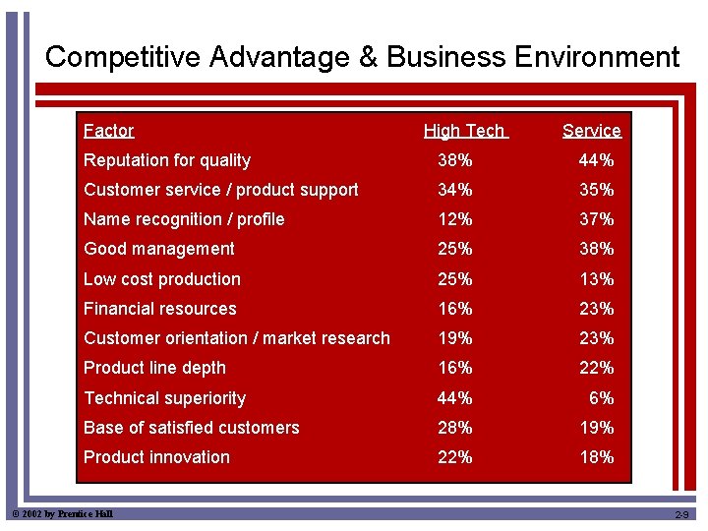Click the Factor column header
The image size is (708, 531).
point(108,131)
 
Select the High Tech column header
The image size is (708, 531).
point(464,131)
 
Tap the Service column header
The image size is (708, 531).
point(591,131)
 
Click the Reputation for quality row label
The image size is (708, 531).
point(167,160)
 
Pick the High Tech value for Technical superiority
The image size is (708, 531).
point(454,398)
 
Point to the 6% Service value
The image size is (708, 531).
point(601,398)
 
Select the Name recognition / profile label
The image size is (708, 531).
point(184,219)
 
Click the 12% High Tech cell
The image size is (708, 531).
point(454,219)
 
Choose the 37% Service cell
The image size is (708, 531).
point(596,219)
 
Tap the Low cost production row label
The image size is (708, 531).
point(162,279)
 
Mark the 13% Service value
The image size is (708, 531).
point(596,279)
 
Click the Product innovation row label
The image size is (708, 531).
point(156,457)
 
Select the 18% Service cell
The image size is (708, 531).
point(596,457)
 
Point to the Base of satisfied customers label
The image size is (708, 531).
point(191,428)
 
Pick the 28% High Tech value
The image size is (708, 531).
point(454,428)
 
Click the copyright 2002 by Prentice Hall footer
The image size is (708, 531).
point(62,514)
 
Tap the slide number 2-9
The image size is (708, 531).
point(682,515)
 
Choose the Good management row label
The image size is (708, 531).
point(159,249)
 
